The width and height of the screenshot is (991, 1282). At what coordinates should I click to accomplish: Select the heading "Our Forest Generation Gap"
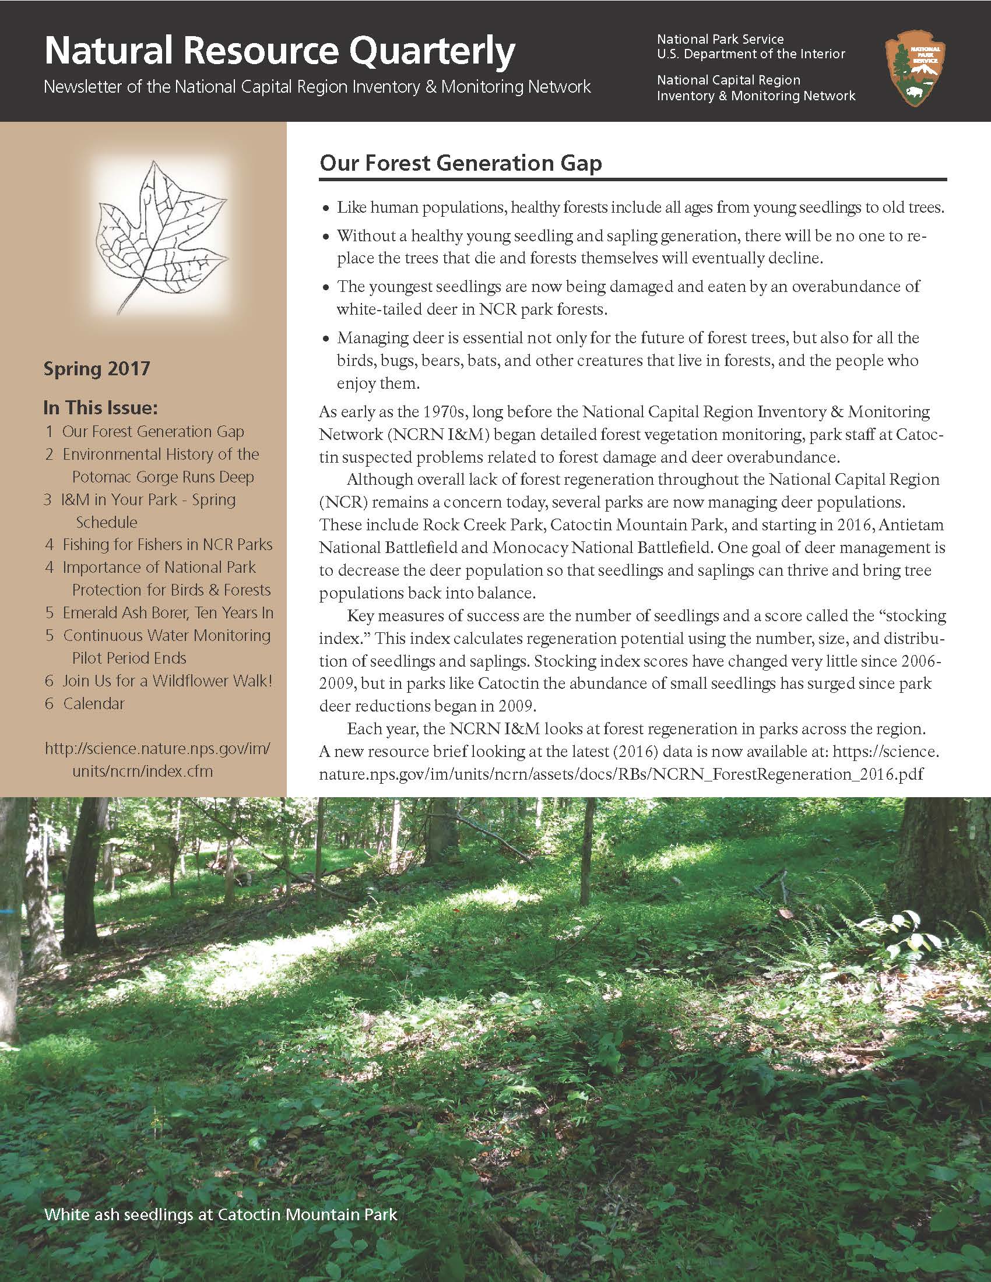tap(461, 163)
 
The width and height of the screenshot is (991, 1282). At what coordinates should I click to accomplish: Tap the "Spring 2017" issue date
tap(97, 369)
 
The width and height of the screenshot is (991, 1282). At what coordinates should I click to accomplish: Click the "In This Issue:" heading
tap(100, 407)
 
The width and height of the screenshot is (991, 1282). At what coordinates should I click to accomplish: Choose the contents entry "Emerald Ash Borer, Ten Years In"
tap(167, 613)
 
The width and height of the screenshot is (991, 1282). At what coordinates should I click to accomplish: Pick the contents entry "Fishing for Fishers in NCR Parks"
tap(167, 545)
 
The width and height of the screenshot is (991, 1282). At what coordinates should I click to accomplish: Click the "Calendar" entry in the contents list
tap(93, 703)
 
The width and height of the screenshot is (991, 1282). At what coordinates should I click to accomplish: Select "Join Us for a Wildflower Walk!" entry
tap(167, 681)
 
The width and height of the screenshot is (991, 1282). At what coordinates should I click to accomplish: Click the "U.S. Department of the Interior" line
tap(751, 54)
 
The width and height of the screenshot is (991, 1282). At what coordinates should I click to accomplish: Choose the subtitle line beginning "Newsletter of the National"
tap(317, 87)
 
